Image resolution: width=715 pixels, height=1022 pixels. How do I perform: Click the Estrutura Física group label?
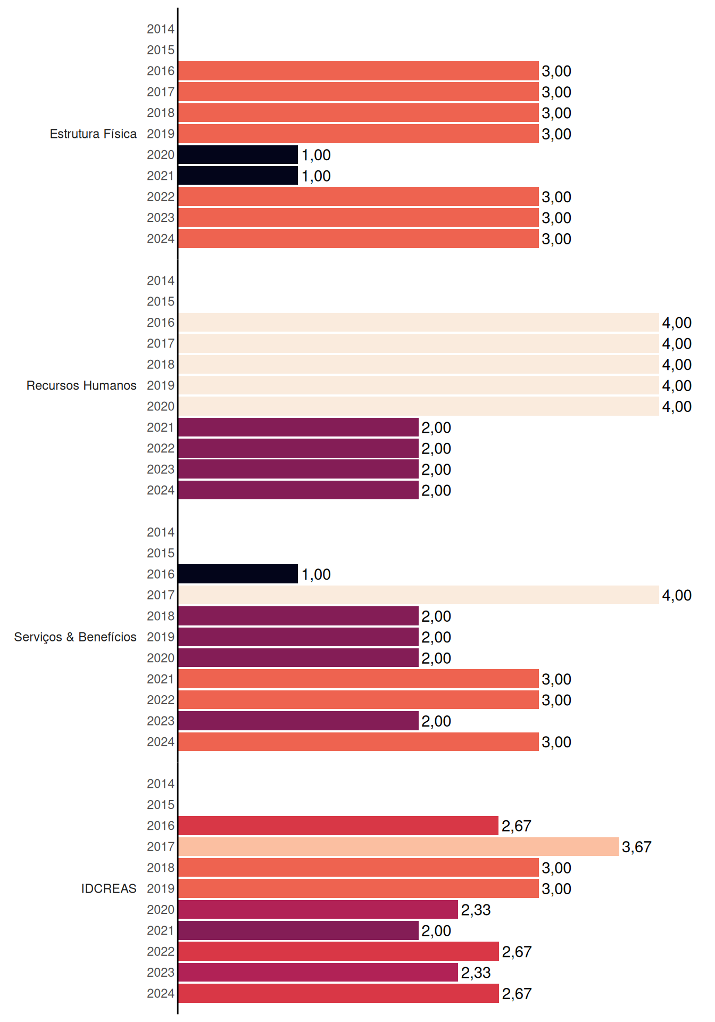[93, 134]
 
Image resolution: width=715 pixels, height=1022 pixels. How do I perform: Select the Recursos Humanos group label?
[81, 385]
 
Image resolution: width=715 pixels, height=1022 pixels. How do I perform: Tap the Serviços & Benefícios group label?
[75, 637]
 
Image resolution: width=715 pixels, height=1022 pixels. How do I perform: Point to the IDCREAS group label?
[109, 888]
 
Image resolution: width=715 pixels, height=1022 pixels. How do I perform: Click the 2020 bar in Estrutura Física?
[238, 155]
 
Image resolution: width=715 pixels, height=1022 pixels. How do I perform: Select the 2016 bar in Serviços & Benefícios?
[238, 574]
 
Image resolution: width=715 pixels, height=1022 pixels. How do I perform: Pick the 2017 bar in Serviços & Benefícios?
[419, 595]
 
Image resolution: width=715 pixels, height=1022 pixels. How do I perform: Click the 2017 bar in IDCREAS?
[398, 846]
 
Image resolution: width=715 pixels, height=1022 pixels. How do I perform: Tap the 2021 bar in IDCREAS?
[298, 930]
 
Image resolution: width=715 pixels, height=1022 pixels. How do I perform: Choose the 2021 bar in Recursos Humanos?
[298, 427]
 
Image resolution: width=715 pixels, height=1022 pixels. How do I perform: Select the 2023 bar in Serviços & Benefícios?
[298, 721]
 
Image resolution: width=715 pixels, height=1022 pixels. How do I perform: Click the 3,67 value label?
[637, 847]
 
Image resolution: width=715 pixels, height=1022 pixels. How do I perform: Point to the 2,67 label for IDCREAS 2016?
[517, 826]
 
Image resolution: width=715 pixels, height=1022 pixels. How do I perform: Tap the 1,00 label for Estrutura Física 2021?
[316, 176]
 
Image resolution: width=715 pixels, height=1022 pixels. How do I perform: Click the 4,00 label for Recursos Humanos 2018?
[677, 365]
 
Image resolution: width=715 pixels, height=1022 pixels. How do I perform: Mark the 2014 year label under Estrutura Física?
[161, 29]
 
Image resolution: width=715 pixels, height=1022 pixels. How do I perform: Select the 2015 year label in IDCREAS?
[161, 805]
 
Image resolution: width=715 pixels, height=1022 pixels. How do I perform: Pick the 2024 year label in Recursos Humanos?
[161, 490]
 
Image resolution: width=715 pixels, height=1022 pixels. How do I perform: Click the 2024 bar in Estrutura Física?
[359, 238]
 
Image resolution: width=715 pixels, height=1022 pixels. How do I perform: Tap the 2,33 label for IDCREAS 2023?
[476, 972]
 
